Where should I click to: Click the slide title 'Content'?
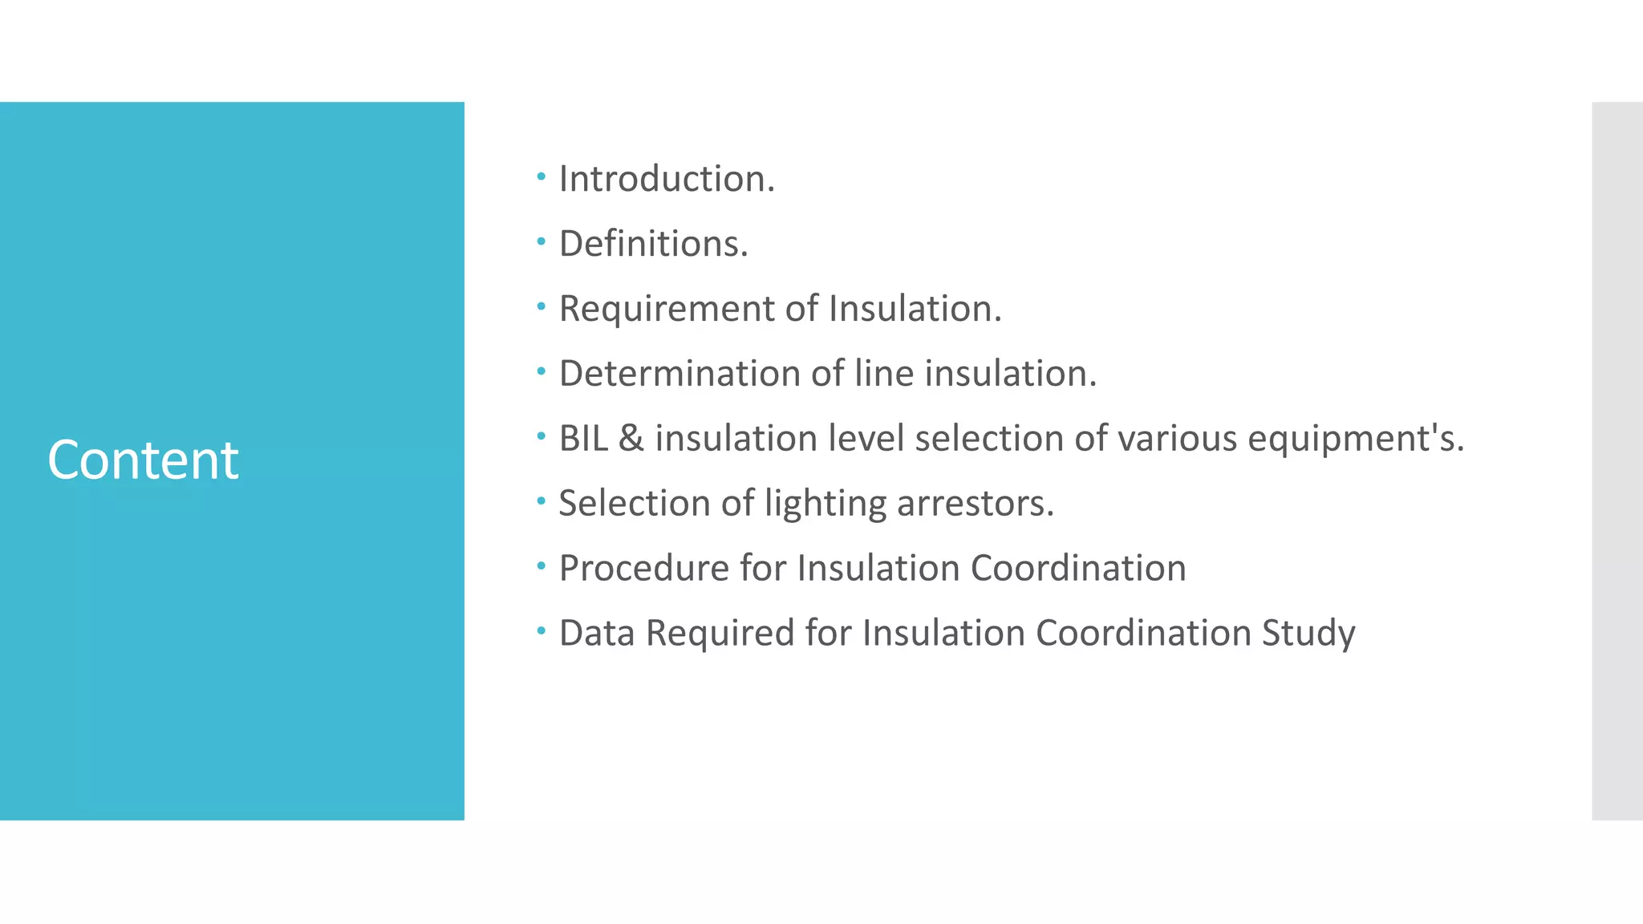(143, 460)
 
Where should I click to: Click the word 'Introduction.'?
(667, 179)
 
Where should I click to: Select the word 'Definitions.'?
(653, 244)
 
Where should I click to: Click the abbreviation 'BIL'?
(583, 439)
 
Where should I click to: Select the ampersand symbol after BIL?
(631, 439)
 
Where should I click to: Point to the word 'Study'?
(1308, 634)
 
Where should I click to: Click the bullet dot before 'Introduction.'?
(542, 176)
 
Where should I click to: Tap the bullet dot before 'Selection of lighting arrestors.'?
(542, 501)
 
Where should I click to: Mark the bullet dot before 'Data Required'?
(542, 631)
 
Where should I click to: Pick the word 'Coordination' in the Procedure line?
(1078, 569)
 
